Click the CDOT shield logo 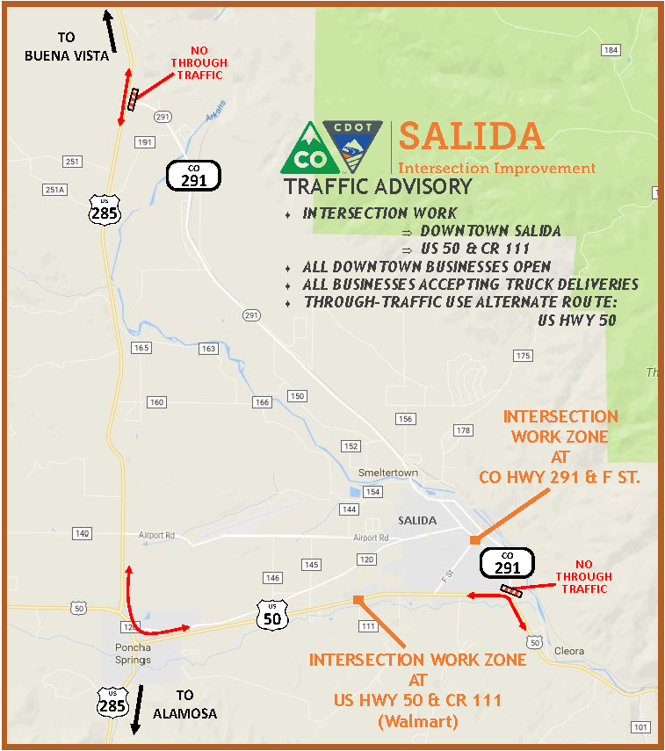tap(352, 147)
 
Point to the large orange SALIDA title tap(471, 136)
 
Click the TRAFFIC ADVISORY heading tap(378, 186)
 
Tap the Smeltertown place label tap(387, 473)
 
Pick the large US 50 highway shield tap(272, 614)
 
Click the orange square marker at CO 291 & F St tap(474, 539)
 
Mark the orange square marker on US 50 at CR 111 tap(358, 600)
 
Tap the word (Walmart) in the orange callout tap(417, 721)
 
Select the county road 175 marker tap(524, 356)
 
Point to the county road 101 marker tap(641, 726)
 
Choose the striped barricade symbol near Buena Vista tap(133, 99)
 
